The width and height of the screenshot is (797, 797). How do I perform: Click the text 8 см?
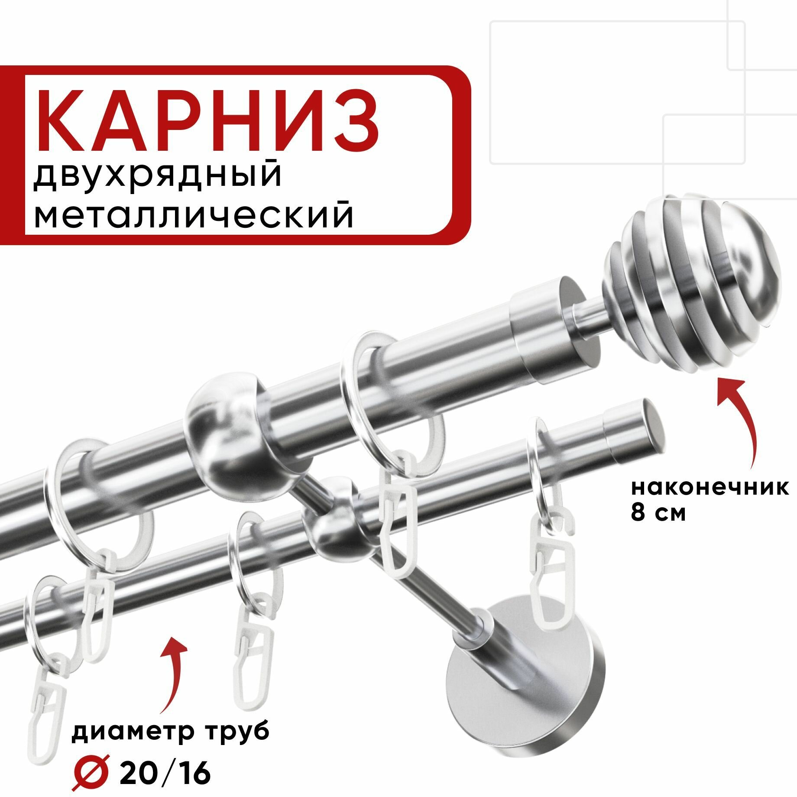(658, 513)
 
